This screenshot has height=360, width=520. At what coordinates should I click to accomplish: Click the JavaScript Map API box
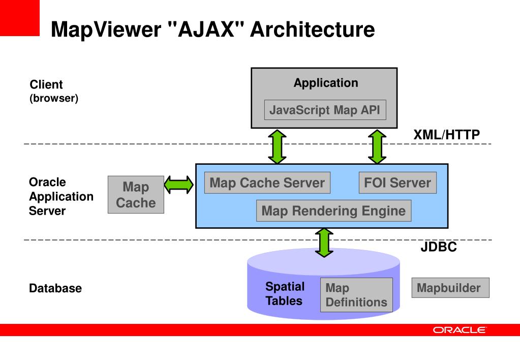click(325, 110)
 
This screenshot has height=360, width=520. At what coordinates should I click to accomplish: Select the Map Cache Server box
click(267, 183)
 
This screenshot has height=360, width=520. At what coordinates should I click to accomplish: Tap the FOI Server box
click(397, 183)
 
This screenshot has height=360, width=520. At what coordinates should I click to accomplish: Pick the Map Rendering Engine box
click(333, 211)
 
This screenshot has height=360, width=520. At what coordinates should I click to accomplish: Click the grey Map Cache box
click(136, 194)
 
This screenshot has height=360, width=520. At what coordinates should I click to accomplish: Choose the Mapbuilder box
click(450, 288)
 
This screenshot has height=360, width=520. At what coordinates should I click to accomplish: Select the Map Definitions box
click(356, 294)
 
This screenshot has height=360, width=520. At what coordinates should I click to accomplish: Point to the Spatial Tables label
click(285, 293)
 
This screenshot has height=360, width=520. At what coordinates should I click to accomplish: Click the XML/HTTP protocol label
click(446, 135)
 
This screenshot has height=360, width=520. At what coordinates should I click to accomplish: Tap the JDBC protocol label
click(439, 247)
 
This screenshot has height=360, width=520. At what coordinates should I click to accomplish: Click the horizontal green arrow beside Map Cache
click(179, 185)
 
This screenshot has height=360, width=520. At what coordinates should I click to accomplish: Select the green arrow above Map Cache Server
click(277, 146)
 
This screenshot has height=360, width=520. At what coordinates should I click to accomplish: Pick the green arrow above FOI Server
click(377, 146)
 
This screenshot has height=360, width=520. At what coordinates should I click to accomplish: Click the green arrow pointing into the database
click(324, 243)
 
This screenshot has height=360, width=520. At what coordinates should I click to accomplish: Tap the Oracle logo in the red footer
click(460, 330)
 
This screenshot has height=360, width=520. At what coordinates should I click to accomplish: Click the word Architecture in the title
click(313, 29)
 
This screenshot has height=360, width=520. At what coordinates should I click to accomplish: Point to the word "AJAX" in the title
click(206, 29)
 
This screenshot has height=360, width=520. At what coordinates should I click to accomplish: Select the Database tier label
click(55, 288)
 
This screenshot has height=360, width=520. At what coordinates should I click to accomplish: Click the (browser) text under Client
click(54, 98)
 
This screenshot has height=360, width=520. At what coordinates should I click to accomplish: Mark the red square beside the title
click(20, 18)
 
